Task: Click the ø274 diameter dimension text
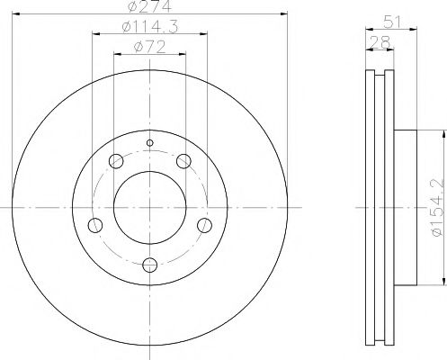150,6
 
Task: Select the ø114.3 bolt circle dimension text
150,27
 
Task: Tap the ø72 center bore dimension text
149,48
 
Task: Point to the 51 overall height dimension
393,22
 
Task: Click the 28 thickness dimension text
380,42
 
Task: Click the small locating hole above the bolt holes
150,143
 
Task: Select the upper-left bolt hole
116,161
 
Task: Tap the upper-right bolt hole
183,161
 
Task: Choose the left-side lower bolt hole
95,225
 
